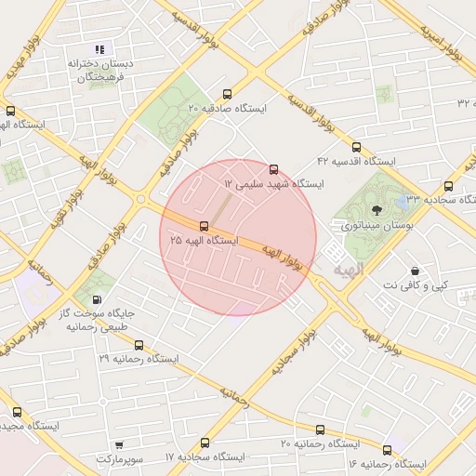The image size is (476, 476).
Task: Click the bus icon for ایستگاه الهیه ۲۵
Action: (204, 226)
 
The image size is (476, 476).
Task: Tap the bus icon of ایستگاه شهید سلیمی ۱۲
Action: (272, 169)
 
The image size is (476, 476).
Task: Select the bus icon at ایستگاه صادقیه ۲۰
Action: (228, 94)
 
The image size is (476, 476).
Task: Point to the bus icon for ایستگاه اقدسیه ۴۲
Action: (356, 146)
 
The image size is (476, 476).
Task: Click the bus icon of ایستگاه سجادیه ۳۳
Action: (449, 186)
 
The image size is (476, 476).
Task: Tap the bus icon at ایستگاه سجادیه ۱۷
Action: (205, 443)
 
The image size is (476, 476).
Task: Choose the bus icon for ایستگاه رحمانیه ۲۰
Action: (321, 430)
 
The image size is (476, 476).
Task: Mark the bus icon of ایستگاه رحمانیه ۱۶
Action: (388, 449)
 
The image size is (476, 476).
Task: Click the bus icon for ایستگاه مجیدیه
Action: (17, 412)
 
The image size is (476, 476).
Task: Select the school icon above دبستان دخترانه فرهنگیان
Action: (99, 48)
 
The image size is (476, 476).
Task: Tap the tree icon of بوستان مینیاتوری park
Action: (377, 210)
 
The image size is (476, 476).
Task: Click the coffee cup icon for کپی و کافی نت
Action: (415, 270)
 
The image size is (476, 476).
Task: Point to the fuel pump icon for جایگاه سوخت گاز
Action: (97, 299)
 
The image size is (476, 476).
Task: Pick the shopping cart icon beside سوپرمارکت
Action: (119, 445)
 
